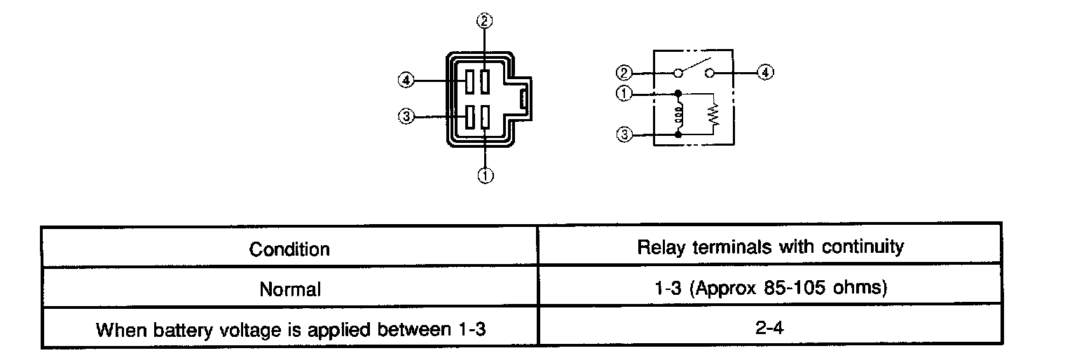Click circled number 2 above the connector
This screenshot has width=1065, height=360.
[484, 21]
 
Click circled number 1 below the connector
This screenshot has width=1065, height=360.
[486, 176]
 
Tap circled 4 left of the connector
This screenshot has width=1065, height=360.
[406, 80]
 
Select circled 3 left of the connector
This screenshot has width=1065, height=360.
[406, 116]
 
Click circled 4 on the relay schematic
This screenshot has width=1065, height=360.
[765, 72]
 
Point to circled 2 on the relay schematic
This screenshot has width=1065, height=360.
[624, 73]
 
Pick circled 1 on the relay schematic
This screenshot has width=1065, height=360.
[624, 93]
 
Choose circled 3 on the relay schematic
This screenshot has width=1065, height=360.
[624, 134]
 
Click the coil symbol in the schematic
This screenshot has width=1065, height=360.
[678, 115]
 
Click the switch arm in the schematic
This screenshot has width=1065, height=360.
[695, 65]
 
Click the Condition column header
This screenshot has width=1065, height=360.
[289, 249]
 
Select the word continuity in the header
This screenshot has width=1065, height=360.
[863, 247]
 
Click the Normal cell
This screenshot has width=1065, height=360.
[290, 289]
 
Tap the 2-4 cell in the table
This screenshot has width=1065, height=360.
[769, 328]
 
